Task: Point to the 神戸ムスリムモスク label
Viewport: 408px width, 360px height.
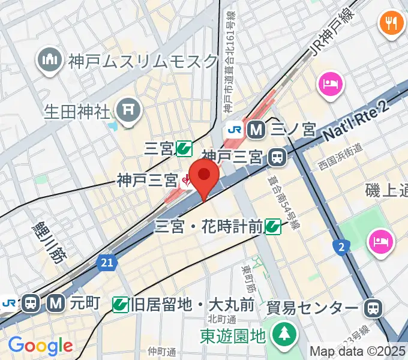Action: coord(143,61)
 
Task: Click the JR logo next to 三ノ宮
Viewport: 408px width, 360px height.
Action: coord(233,128)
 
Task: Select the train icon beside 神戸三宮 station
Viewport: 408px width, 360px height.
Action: coord(277,157)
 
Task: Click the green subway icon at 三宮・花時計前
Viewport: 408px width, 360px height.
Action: coord(273,226)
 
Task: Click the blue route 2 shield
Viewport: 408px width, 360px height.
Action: coord(342,245)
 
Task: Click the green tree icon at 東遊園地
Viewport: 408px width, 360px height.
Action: coord(282,334)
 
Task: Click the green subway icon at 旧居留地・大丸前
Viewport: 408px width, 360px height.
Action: coord(121,305)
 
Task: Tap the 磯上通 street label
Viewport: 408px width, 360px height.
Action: coord(386,190)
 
